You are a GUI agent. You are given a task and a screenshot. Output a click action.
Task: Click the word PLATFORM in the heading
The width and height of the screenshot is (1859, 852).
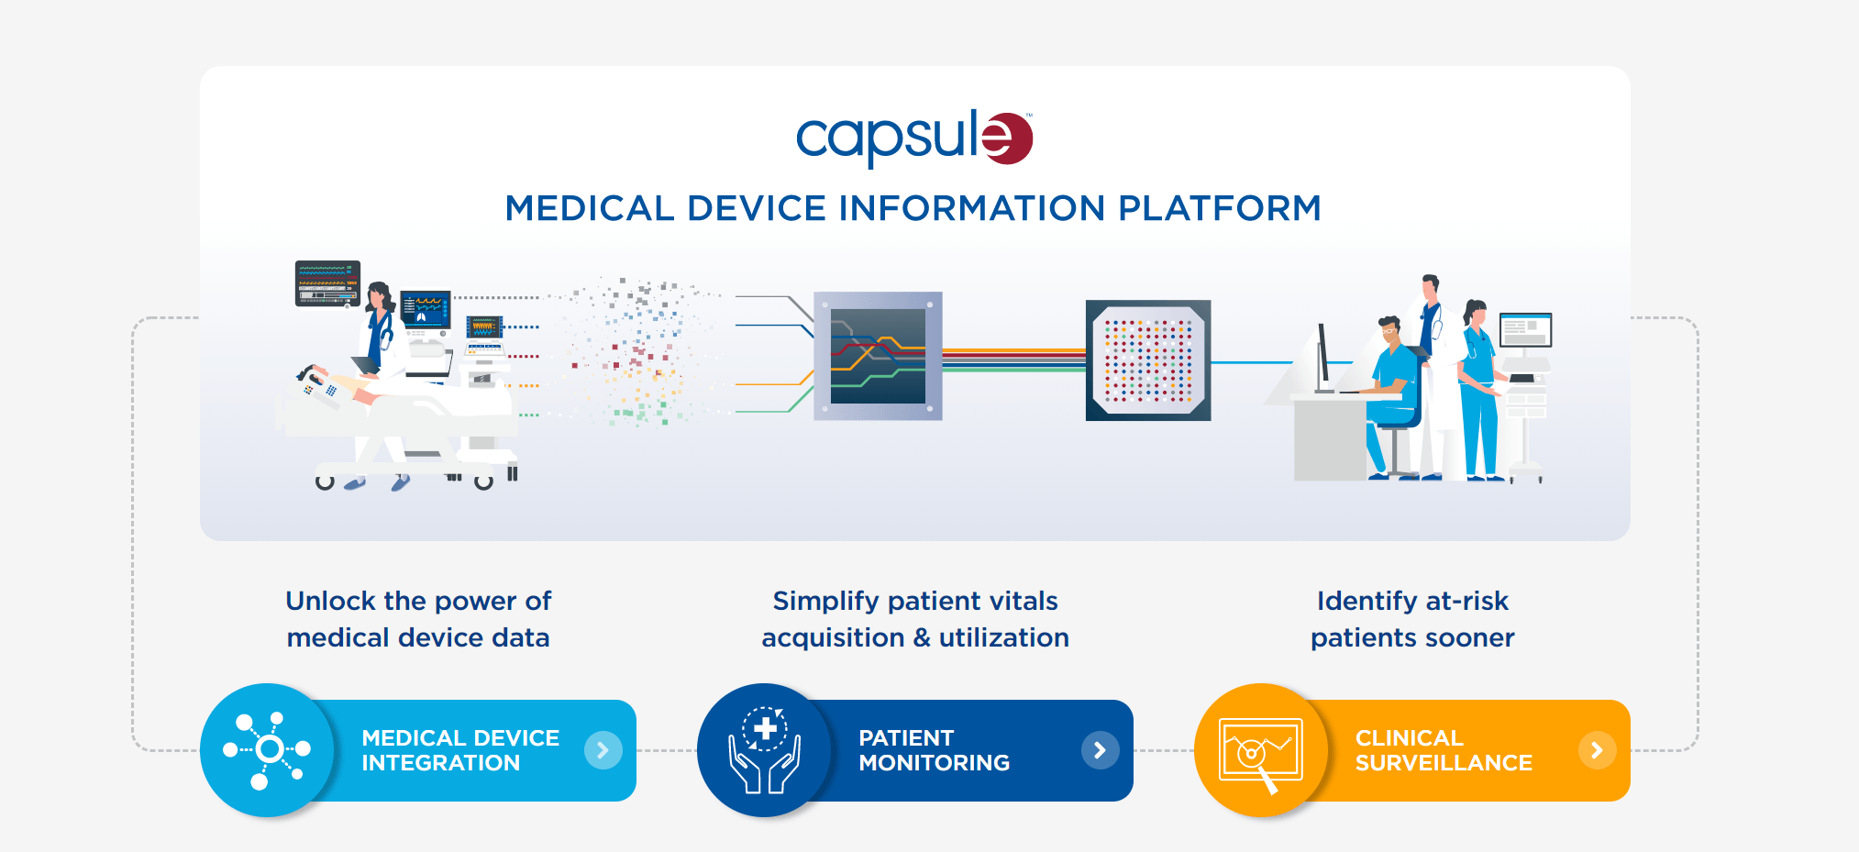(x=1219, y=208)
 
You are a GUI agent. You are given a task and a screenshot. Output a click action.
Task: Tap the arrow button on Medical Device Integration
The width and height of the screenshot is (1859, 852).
(x=603, y=750)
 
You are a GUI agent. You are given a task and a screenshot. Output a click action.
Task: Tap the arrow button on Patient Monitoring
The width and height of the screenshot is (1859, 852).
(x=1100, y=750)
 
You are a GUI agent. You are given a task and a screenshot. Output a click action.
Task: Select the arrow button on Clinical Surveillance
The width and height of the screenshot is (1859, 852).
(x=1597, y=750)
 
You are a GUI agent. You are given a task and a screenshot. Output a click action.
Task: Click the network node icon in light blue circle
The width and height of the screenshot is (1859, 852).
(x=267, y=750)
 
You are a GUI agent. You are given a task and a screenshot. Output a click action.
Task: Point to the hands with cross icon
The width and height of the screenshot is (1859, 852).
(x=764, y=750)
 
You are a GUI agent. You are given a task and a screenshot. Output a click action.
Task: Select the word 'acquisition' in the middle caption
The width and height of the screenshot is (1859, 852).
(x=833, y=637)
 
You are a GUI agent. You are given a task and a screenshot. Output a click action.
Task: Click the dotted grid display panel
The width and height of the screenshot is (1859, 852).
(x=1148, y=360)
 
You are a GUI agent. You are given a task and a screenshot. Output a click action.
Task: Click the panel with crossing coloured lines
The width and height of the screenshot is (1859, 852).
(x=878, y=357)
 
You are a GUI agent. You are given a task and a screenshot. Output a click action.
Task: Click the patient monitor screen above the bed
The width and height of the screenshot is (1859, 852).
(x=327, y=282)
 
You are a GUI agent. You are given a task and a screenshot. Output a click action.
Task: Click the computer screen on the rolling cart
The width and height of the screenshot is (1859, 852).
(x=1525, y=329)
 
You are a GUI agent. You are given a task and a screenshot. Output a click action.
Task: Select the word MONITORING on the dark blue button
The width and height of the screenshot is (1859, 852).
(x=934, y=763)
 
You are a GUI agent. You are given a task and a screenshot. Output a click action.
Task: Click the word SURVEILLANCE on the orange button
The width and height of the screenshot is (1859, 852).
(x=1443, y=763)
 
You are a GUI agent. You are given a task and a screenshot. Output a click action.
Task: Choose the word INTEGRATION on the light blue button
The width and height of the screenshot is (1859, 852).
(x=440, y=763)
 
